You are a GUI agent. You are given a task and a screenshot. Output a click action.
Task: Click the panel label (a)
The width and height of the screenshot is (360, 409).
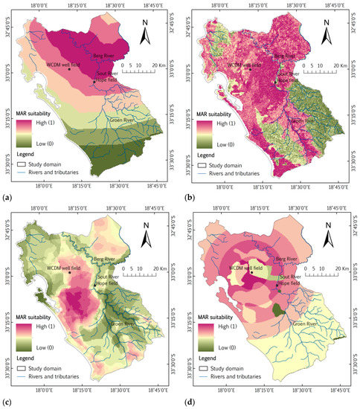coord(7,197)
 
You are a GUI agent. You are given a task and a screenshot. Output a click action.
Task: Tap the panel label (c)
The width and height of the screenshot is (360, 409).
coord(7,403)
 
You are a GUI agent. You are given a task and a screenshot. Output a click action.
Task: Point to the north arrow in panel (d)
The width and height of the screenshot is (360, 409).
coord(325,240)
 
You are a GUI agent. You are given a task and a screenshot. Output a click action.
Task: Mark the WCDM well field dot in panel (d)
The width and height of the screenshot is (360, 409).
coord(252,272)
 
